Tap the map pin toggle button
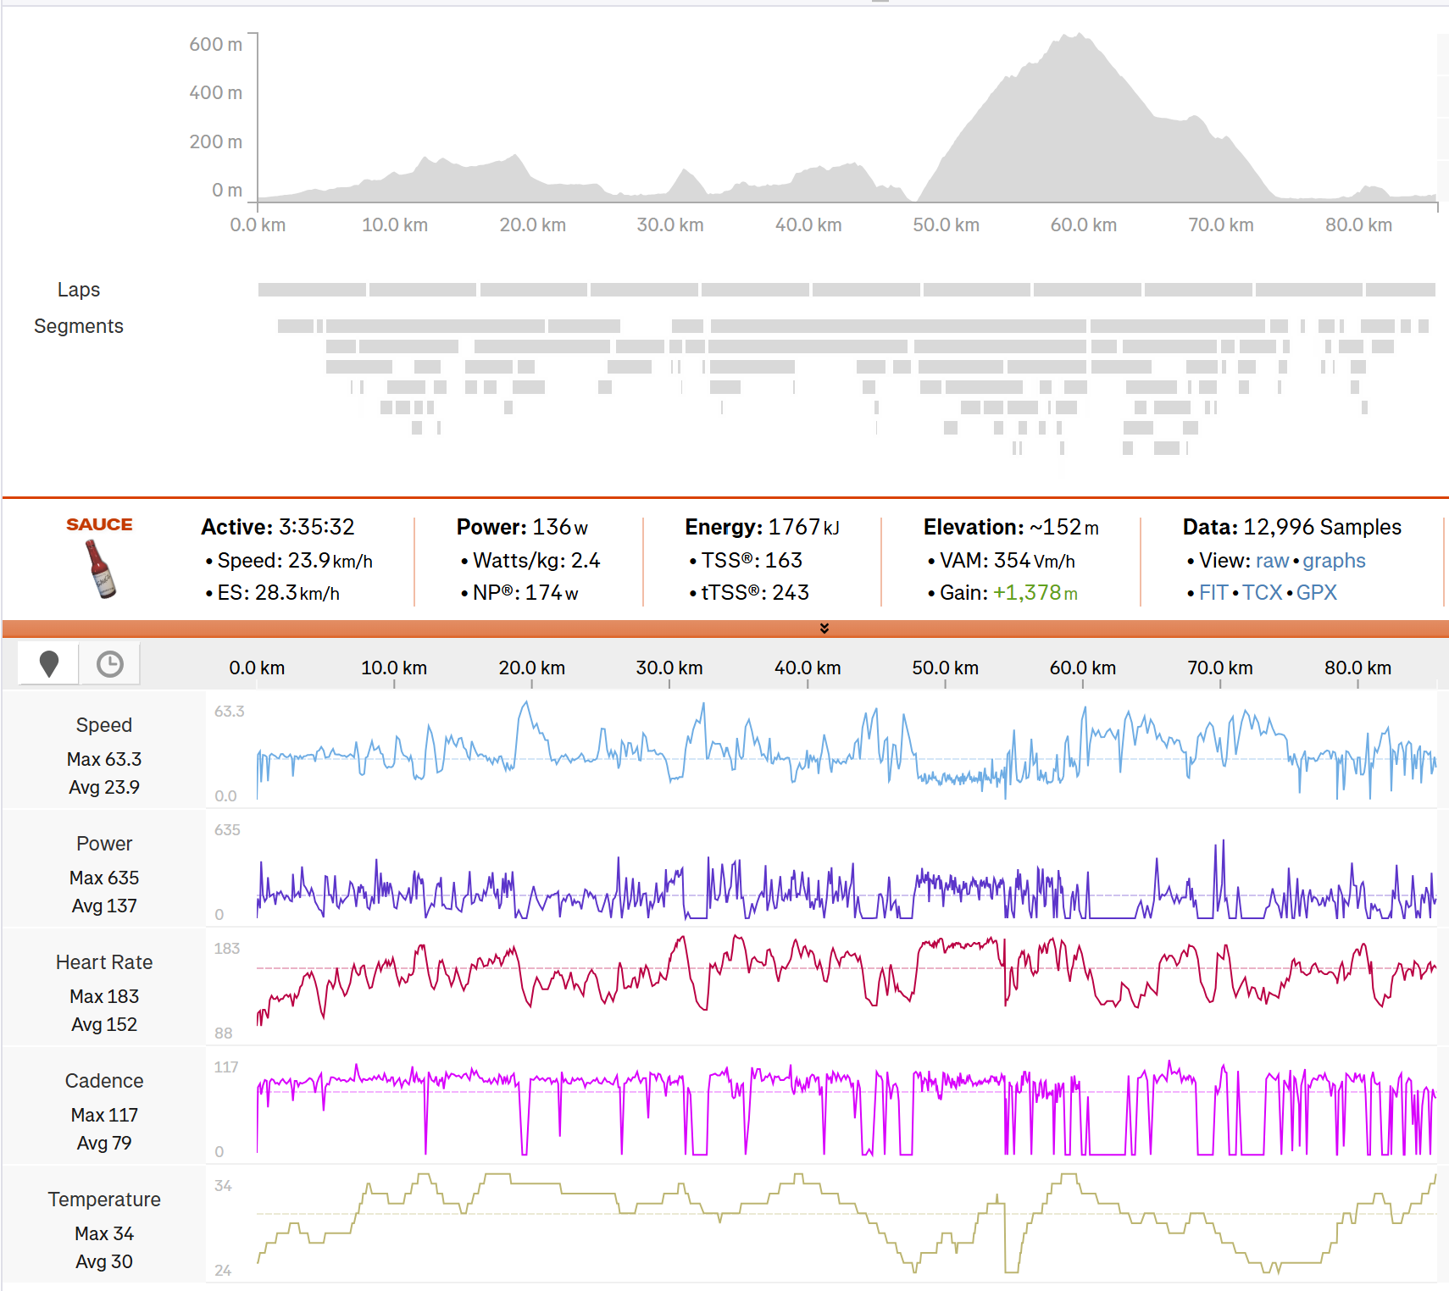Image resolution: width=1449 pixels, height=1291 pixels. (x=49, y=664)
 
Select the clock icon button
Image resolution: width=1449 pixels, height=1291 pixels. (x=109, y=664)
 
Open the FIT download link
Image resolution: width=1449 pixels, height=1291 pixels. (x=1213, y=593)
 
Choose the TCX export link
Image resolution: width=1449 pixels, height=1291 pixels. (x=1263, y=593)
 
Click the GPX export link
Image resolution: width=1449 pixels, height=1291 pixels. (x=1317, y=593)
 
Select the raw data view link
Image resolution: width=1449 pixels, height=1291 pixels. (x=1273, y=561)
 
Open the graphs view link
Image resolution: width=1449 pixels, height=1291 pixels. (x=1335, y=561)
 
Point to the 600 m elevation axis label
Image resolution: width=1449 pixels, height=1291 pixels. (x=216, y=44)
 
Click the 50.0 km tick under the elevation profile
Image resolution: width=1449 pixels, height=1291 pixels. (x=947, y=225)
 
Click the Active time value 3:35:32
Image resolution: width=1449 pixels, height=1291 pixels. (x=317, y=527)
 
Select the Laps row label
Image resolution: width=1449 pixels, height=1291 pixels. (x=79, y=290)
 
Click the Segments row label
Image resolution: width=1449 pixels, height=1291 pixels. (x=79, y=326)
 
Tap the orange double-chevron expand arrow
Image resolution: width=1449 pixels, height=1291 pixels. (x=824, y=628)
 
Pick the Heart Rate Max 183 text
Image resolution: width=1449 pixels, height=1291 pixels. (x=104, y=996)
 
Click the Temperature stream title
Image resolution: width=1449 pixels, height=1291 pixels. (x=104, y=1200)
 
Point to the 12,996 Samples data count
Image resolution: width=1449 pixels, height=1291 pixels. (x=1323, y=527)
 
